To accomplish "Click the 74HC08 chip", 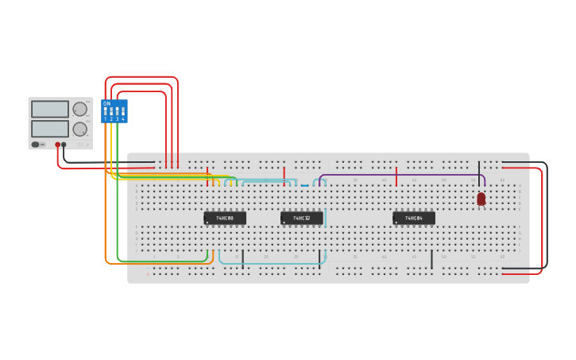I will pyautogui.click(x=225, y=218).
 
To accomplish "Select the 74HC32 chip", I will pyautogui.click(x=302, y=218).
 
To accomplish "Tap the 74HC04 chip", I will pyautogui.click(x=414, y=218).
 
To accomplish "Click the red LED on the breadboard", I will pyautogui.click(x=481, y=199).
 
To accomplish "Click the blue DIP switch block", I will pyautogui.click(x=114, y=111).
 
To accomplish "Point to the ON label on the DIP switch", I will pyautogui.click(x=107, y=103).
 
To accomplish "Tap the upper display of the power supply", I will pyautogui.click(x=50, y=109).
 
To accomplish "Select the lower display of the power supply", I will pyautogui.click(x=50, y=128).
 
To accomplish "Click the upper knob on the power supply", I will pyautogui.click(x=80, y=109).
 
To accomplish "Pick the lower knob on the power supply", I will pyautogui.click(x=80, y=129).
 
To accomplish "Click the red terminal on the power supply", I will pyautogui.click(x=57, y=145).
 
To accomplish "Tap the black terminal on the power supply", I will pyautogui.click(x=64, y=145).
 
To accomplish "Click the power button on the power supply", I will pyautogui.click(x=36, y=145).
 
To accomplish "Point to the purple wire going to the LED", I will pyautogui.click(x=397, y=176).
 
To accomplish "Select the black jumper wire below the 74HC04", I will pyautogui.click(x=431, y=259).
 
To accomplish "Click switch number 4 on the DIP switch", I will pyautogui.click(x=123, y=113).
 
